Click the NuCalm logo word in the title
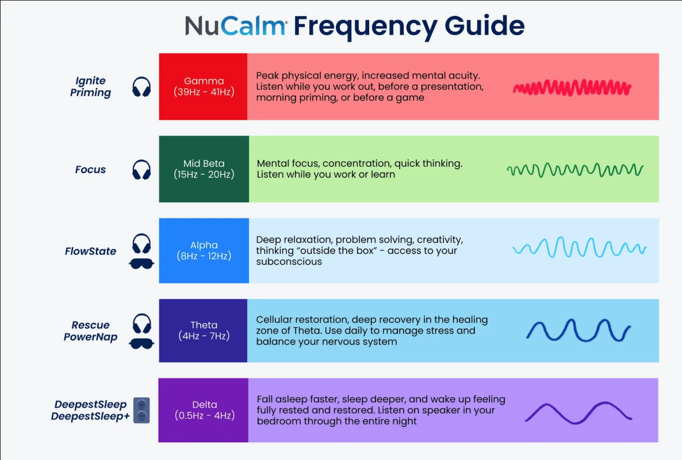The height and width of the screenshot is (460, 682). pos(236,26)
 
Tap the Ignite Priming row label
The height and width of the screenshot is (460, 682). pos(91,86)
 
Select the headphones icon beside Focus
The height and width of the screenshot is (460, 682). pos(141,170)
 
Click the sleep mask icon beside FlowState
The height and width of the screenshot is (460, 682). pos(141,264)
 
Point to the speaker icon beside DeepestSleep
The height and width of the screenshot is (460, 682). pos(141,411)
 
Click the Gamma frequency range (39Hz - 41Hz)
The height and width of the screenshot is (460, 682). pos(204,92)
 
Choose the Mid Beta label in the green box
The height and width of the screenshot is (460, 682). pos(204,163)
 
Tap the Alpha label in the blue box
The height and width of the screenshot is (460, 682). pos(204,245)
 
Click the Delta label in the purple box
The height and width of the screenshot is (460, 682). pos(204,404)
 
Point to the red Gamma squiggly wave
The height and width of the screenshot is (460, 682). pos(572,87)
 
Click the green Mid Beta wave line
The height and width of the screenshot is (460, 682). pos(575,170)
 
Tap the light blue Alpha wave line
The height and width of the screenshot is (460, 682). pos(579,249)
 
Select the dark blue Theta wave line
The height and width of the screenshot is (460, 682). pos(578,331)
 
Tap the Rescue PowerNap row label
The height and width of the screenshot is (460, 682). pos(90,331)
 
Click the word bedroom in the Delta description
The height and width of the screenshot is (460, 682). pos(279,421)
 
